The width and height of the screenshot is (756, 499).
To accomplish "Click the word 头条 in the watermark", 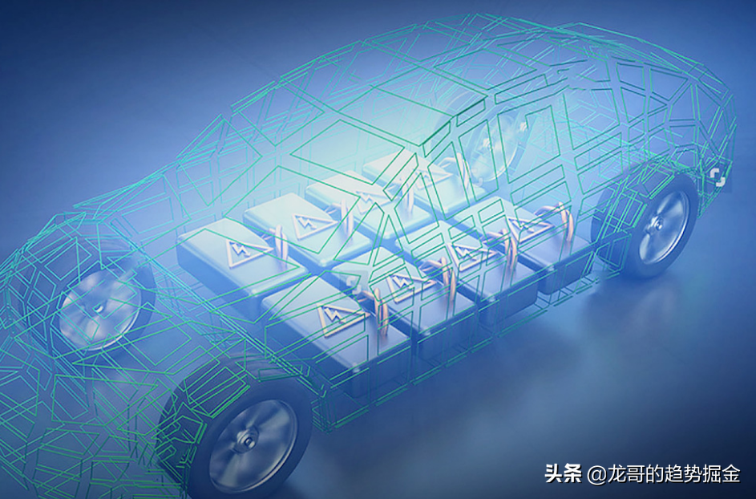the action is [x=563, y=473].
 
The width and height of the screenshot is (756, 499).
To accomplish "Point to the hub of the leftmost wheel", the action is [x=99, y=307].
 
